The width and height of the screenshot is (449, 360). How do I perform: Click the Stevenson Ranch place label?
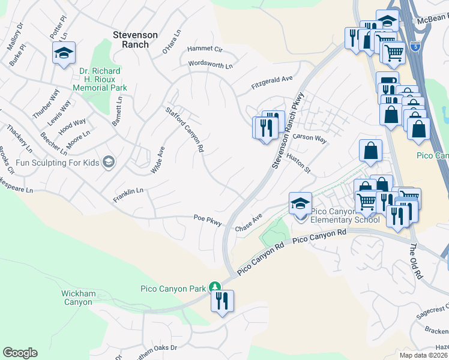135,40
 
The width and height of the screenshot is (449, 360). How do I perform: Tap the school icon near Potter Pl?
64,54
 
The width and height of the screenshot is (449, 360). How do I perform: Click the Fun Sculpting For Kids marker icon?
108,161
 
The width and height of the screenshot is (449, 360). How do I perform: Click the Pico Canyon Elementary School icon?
300,203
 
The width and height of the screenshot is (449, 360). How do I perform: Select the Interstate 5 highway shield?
416,46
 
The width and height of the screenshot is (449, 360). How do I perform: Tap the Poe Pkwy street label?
208,220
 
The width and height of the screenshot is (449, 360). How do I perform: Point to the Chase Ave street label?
249,224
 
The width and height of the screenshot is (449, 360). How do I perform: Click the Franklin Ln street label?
128,194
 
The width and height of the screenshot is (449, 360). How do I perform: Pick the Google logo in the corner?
20,353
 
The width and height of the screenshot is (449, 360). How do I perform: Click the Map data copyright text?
424,355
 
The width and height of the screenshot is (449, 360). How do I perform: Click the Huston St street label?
298,162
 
